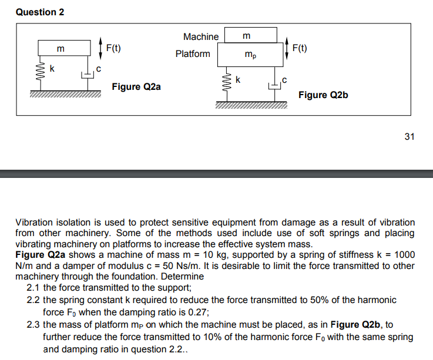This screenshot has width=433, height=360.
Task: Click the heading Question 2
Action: [40, 12]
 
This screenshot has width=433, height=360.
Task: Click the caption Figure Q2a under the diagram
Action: [136, 87]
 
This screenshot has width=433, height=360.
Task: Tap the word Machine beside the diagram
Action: [200, 36]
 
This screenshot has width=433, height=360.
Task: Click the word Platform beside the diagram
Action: [192, 54]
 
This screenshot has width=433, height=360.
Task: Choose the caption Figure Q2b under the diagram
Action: [323, 95]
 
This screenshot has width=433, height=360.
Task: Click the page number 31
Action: [409, 136]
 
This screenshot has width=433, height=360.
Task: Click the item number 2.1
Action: [34, 288]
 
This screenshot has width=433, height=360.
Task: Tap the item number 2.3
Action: [34, 325]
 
